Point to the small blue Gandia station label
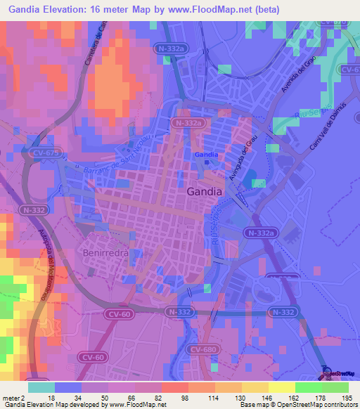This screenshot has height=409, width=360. click(x=205, y=155)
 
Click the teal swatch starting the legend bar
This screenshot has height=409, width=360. click(x=41, y=387)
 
